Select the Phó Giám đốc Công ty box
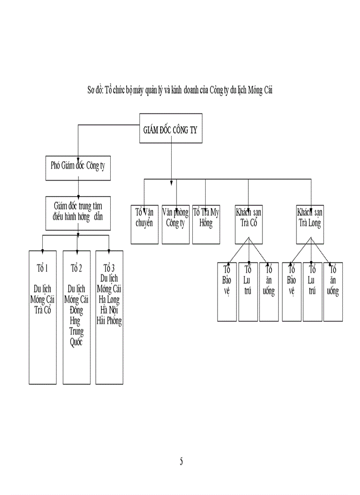click(x=78, y=167)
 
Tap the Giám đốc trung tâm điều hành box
click(x=78, y=213)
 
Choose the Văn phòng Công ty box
click(x=175, y=223)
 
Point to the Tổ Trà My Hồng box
click(x=206, y=223)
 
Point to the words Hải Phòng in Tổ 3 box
click(x=109, y=320)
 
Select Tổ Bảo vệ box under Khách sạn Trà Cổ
click(x=227, y=291)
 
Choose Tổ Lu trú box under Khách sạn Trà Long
click(x=312, y=291)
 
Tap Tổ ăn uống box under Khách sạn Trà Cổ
click(x=269, y=291)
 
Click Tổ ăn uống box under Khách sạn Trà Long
click(x=333, y=291)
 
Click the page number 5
click(x=181, y=462)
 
